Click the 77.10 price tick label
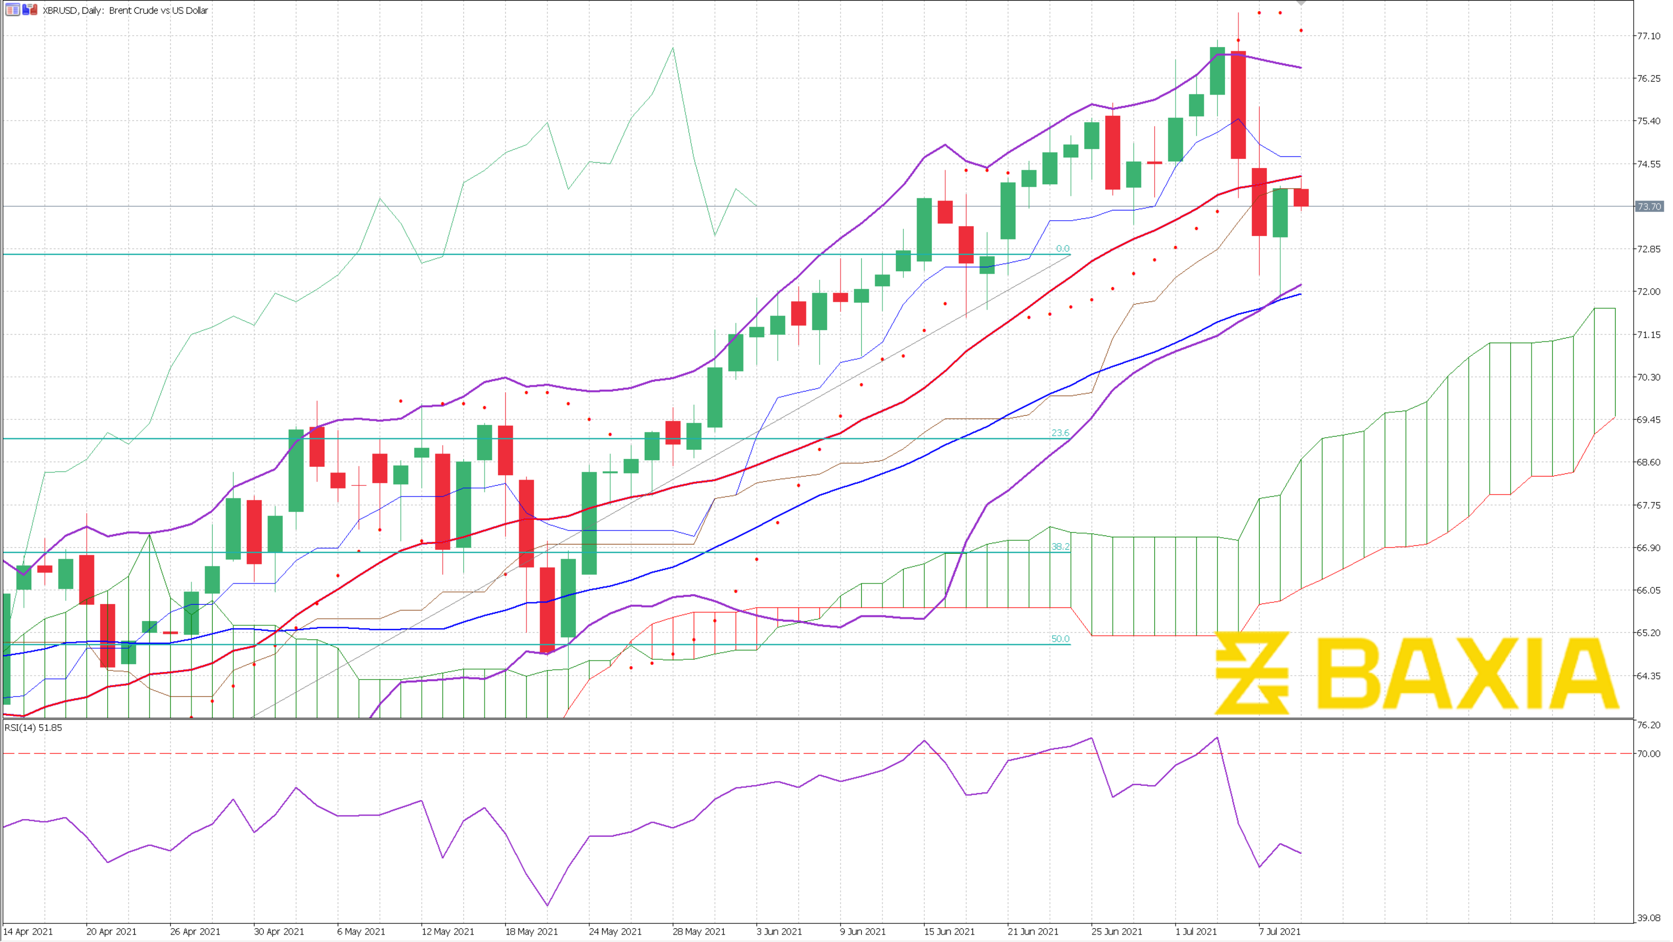pyautogui.click(x=1648, y=36)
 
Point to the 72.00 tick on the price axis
pyautogui.click(x=1648, y=292)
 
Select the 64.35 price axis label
pyautogui.click(x=1648, y=676)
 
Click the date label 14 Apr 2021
pyautogui.click(x=29, y=931)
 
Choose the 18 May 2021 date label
pyautogui.click(x=531, y=931)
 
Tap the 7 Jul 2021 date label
pyautogui.click(x=1280, y=931)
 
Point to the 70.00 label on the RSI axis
pyautogui.click(x=1648, y=754)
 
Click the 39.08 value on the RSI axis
pyautogui.click(x=1648, y=917)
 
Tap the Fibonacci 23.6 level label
pyautogui.click(x=1060, y=433)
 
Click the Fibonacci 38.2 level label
pyautogui.click(x=1060, y=547)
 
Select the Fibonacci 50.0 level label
pyautogui.click(x=1060, y=639)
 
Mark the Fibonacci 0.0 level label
pyautogui.click(x=1063, y=249)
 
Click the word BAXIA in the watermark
pyautogui.click(x=1468, y=673)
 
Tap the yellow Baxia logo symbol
pyautogui.click(x=1251, y=673)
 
